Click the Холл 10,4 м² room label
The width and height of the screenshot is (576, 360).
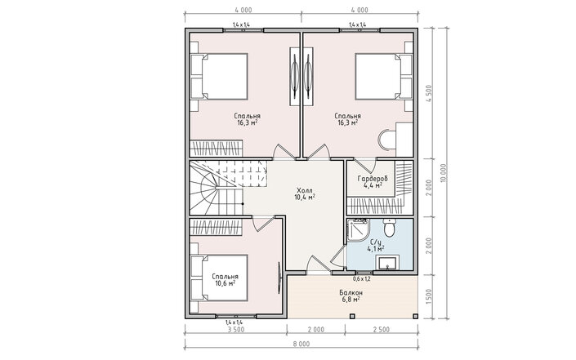coord(305,193)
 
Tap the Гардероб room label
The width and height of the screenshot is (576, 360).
coord(373,179)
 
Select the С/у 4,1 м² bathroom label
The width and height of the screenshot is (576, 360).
coord(376,245)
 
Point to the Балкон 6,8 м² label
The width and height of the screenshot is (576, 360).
coord(351,296)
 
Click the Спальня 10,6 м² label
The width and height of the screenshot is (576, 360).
coord(225,280)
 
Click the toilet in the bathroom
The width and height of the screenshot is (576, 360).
coord(389,228)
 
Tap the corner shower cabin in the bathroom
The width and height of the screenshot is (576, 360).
coord(356,230)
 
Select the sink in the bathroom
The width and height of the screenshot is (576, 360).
coord(386,263)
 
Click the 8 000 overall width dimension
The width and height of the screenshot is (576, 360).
coord(301,344)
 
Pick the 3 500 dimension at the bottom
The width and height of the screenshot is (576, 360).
coord(236,329)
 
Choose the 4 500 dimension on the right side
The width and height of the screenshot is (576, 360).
coord(430,94)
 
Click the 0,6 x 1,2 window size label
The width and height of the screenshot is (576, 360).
coord(362,279)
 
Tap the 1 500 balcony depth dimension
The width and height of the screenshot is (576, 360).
coord(430,297)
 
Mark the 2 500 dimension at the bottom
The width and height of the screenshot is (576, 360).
coord(382,329)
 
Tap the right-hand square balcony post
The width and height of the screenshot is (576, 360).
coord(415,316)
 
